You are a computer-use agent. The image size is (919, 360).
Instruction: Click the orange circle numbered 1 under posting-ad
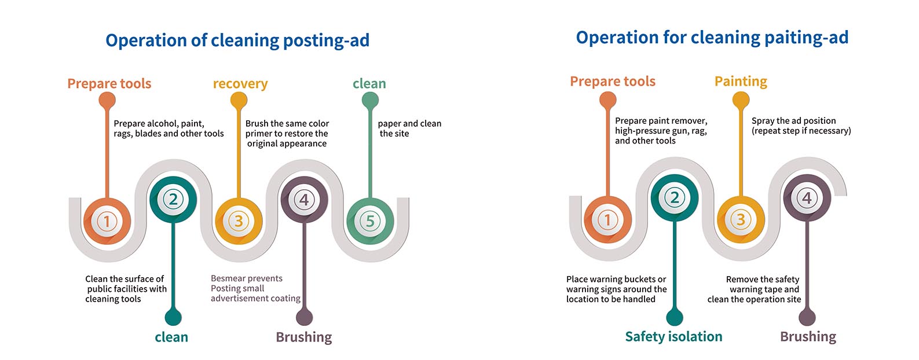click(x=107, y=222)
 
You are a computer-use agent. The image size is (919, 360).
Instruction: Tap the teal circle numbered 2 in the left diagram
click(x=173, y=200)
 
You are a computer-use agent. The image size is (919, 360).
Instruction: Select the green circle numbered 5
click(x=370, y=222)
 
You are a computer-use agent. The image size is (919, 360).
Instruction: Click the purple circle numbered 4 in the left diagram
click(x=304, y=200)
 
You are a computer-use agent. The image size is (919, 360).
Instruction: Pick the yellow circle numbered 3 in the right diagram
click(x=741, y=220)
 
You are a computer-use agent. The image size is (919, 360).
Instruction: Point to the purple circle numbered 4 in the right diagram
click(x=807, y=198)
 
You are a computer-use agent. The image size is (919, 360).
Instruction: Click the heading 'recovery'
click(x=240, y=84)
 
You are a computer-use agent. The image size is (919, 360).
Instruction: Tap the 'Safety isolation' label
click(x=673, y=336)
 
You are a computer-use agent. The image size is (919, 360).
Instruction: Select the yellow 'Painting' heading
click(x=741, y=82)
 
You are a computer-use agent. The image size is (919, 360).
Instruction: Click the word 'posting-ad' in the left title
click(x=326, y=41)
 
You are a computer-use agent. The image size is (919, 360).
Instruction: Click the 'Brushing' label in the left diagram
click(x=303, y=337)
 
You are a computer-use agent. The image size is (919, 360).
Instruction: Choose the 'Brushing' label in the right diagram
click(x=808, y=337)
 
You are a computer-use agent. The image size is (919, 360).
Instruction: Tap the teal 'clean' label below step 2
click(x=171, y=337)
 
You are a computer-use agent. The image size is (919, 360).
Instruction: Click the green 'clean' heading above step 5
click(x=369, y=84)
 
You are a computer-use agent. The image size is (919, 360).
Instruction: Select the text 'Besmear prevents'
click(x=247, y=278)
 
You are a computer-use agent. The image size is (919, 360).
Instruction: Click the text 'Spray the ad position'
click(x=793, y=121)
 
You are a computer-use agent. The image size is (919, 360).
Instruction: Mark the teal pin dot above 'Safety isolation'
click(x=675, y=318)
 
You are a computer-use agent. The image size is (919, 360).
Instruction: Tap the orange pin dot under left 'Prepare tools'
click(x=107, y=101)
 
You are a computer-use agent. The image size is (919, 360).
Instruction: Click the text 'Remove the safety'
click(x=763, y=280)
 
